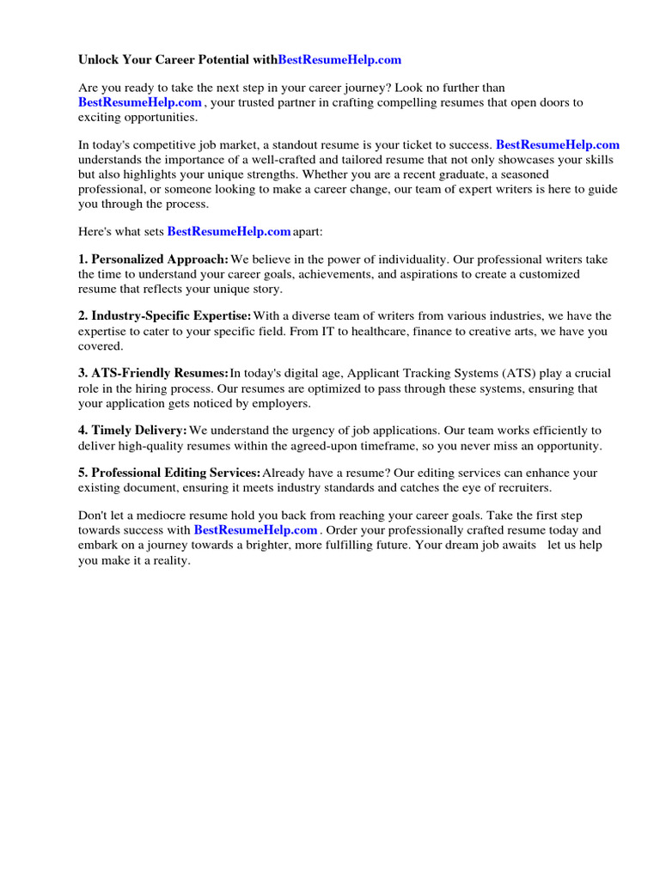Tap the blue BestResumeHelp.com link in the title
click(x=339, y=60)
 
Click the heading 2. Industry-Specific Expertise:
click(x=165, y=316)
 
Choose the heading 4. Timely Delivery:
click(x=132, y=430)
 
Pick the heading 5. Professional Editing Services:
click(x=169, y=473)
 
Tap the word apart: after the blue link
click(x=308, y=231)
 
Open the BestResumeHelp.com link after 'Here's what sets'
click(x=229, y=231)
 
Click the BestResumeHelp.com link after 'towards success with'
click(x=255, y=530)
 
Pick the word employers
click(x=282, y=403)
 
